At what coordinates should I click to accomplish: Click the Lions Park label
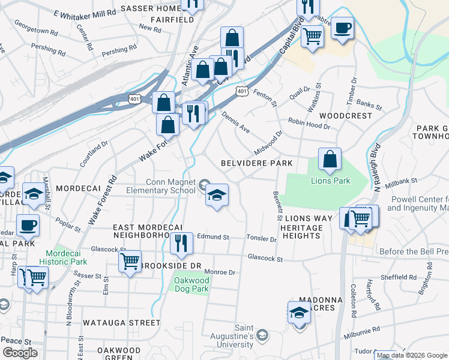pos(330,180)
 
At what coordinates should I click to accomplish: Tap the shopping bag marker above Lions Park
pos(330,160)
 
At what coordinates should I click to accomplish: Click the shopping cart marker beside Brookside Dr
pos(130,262)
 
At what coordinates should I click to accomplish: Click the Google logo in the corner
pos(20,353)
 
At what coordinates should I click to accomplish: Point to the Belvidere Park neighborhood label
pos(256,163)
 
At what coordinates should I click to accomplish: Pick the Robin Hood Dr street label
pos(309,123)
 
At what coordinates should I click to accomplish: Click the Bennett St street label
pos(277,206)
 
